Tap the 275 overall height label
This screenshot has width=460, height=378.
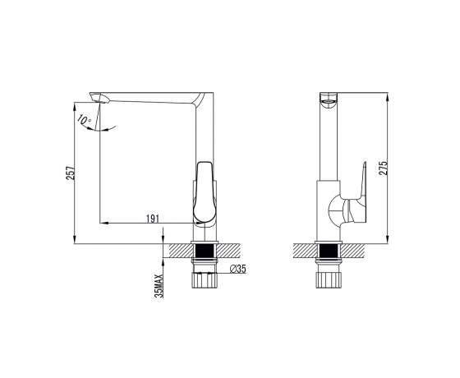383,168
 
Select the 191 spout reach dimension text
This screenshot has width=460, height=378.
153,219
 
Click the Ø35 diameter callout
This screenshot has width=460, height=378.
237,269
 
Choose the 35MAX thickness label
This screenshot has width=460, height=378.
159,286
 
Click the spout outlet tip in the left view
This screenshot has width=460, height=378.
99,98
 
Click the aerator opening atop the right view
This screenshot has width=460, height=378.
329,103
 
